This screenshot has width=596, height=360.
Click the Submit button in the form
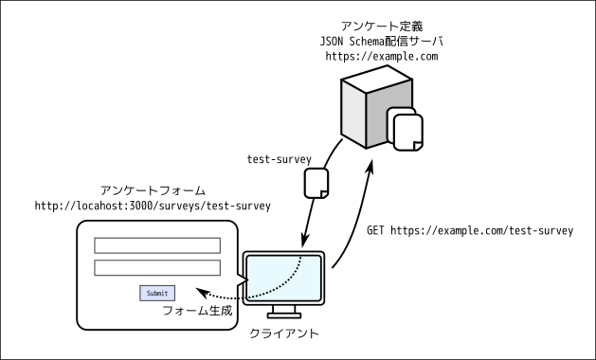[156, 293]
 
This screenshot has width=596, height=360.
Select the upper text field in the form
[156, 245]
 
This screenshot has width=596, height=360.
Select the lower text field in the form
[156, 268]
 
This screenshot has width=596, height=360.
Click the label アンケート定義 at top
[381, 26]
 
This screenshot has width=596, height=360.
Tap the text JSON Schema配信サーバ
[381, 42]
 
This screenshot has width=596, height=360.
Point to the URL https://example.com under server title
[381, 58]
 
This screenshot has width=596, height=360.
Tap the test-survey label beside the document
[280, 159]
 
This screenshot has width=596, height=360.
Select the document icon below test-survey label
[316, 183]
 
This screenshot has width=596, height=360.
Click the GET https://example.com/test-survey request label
[469, 230]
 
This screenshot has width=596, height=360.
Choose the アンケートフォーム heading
[153, 190]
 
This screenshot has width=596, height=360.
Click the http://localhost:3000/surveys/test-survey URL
[153, 206]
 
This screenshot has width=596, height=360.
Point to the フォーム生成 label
[197, 311]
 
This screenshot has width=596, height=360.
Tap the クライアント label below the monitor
[283, 333]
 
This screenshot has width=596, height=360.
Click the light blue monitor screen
[283, 277]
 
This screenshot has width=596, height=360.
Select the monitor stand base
[283, 315]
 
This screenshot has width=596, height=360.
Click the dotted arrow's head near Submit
[200, 292]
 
